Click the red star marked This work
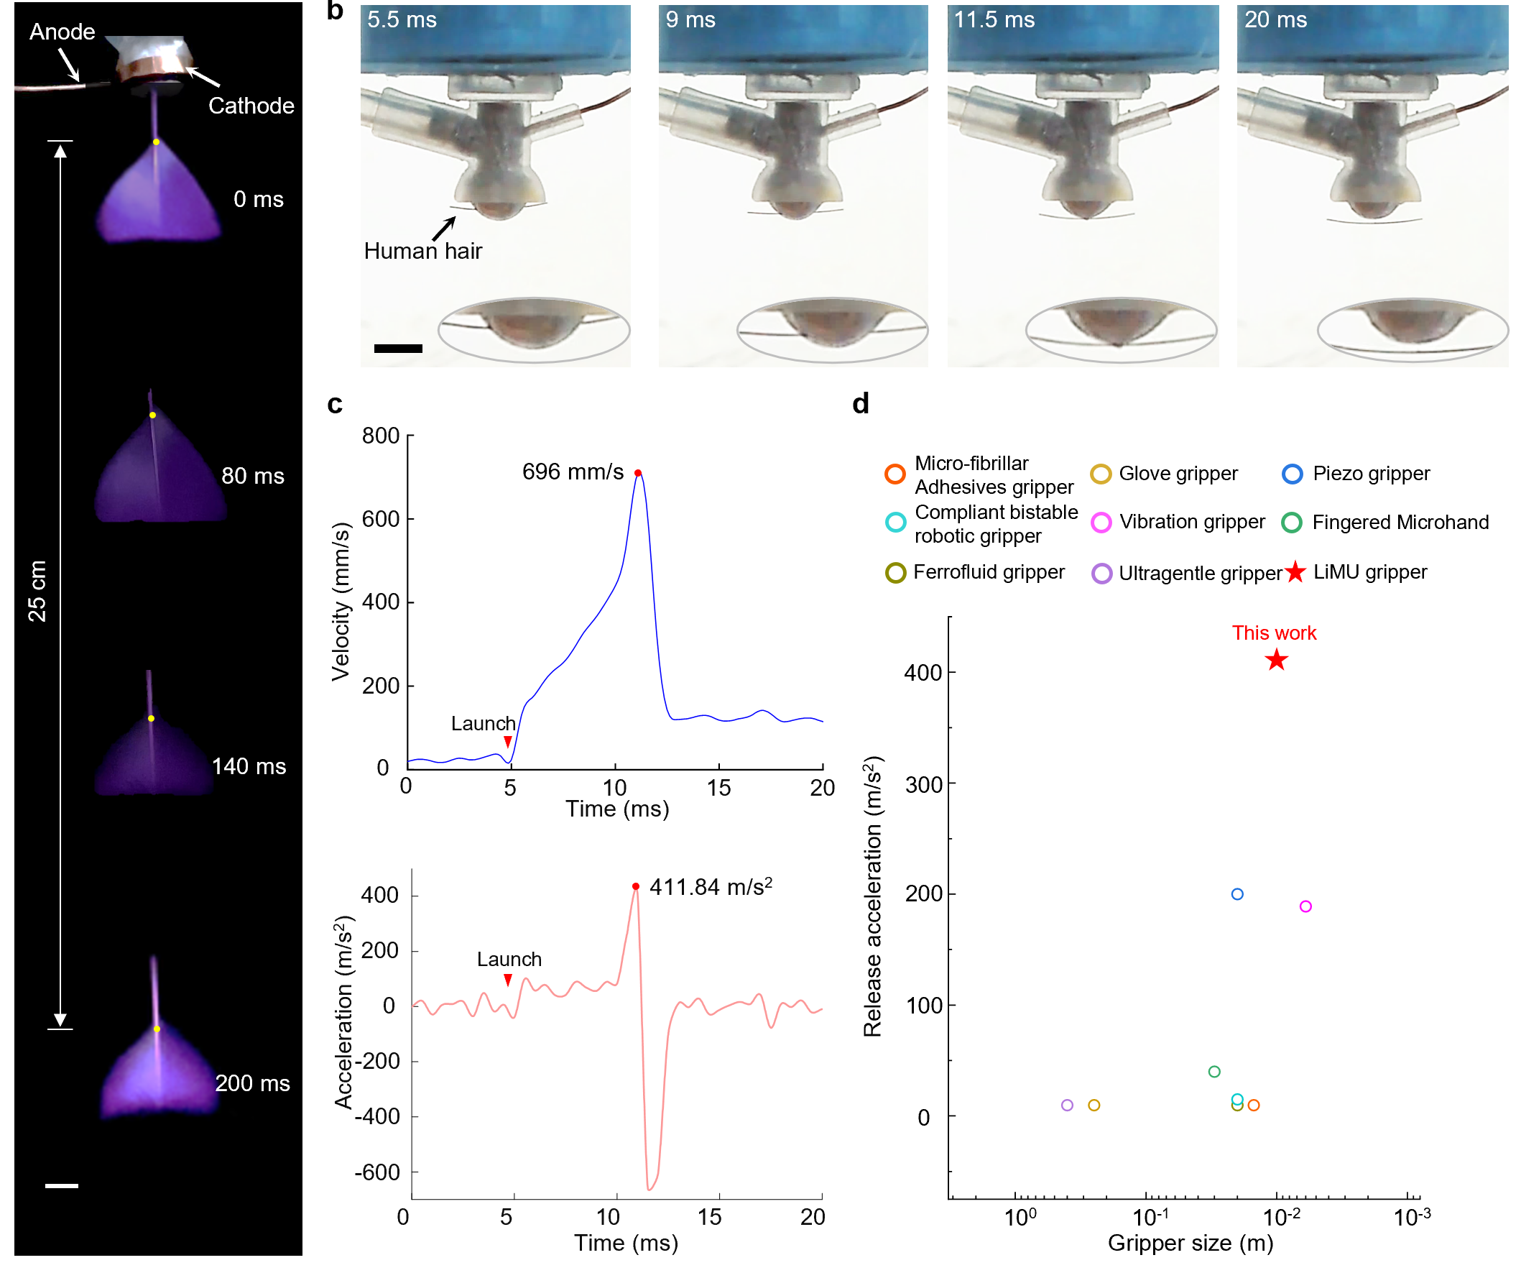(1276, 660)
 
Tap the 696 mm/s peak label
(572, 472)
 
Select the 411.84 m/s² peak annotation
(711, 887)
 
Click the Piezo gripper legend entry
(1370, 474)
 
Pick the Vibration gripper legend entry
(1191, 523)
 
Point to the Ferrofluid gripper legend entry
(989, 572)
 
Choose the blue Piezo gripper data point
(1237, 894)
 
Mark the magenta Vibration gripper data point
(1305, 906)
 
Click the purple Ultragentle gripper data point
(1067, 1105)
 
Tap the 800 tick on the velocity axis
(381, 436)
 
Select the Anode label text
(63, 32)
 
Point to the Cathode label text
(251, 106)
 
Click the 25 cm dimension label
(37, 592)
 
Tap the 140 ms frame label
(249, 766)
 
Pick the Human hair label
(423, 251)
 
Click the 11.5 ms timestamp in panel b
(994, 19)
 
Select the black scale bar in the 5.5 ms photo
(397, 349)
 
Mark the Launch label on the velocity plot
(483, 724)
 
